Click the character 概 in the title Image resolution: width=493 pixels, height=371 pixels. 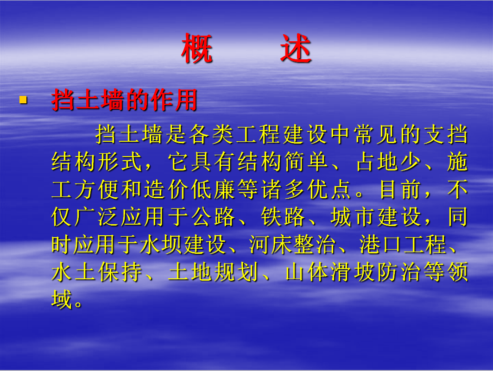[197, 49]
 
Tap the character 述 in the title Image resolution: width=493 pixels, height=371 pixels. [296, 49]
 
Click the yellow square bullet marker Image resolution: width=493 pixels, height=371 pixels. [23, 100]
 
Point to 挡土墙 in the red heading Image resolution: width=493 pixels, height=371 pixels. [88, 100]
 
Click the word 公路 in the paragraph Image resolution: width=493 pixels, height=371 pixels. [214, 217]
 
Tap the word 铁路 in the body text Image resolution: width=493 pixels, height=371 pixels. [283, 217]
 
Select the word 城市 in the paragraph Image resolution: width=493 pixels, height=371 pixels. [353, 217]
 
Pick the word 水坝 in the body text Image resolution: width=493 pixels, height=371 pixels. [161, 244]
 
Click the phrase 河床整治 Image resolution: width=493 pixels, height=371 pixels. [292, 244]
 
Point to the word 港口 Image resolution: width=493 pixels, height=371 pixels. [380, 244]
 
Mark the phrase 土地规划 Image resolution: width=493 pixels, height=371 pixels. [214, 272]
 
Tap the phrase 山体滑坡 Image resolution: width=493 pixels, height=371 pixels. [330, 272]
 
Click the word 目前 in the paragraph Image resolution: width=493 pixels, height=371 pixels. [400, 189]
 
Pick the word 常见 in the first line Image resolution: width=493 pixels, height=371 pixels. [376, 134]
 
